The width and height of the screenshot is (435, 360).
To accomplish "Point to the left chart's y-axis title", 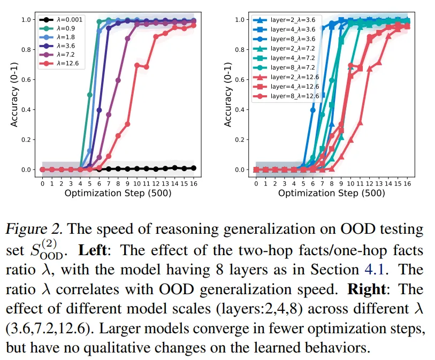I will (15, 95).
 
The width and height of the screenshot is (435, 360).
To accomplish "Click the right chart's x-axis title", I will (332, 193).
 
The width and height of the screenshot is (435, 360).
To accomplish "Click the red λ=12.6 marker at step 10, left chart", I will (137, 65).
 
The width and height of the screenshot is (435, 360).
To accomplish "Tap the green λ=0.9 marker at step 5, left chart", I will (89, 95).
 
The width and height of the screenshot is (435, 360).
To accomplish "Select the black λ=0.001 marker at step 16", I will (193, 168).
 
